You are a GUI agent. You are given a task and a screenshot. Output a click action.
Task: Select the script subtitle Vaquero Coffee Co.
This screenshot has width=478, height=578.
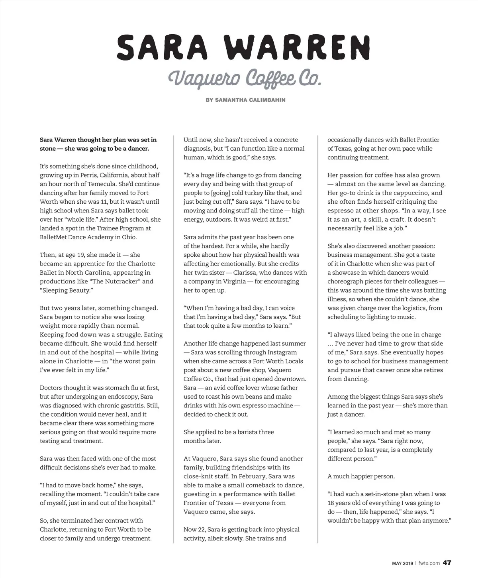pos(244,78)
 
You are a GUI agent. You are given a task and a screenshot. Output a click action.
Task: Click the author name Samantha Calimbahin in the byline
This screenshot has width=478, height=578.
pos(250,100)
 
